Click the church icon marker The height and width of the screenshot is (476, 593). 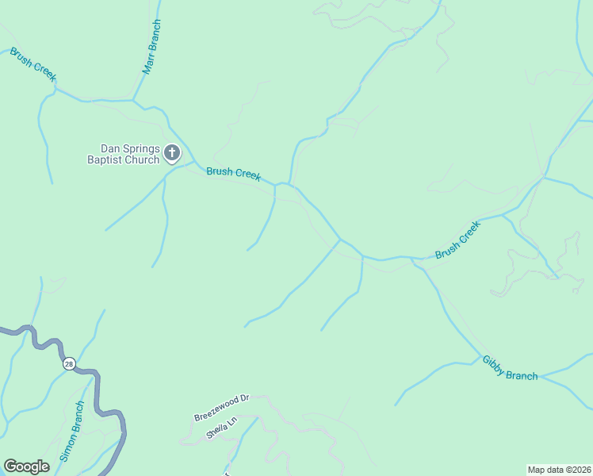[x=172, y=152]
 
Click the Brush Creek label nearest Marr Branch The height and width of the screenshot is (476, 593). [x=33, y=64]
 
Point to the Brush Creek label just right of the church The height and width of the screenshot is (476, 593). [x=234, y=174]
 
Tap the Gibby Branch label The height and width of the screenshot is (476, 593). [x=510, y=368]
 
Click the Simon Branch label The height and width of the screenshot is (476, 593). [x=72, y=432]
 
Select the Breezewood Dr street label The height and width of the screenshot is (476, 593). [x=221, y=410]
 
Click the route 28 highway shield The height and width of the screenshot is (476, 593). [x=70, y=363]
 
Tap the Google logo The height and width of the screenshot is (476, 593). [x=26, y=466]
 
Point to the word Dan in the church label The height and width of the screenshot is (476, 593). [x=109, y=148]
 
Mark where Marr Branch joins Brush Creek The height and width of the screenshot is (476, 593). [x=133, y=101]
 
